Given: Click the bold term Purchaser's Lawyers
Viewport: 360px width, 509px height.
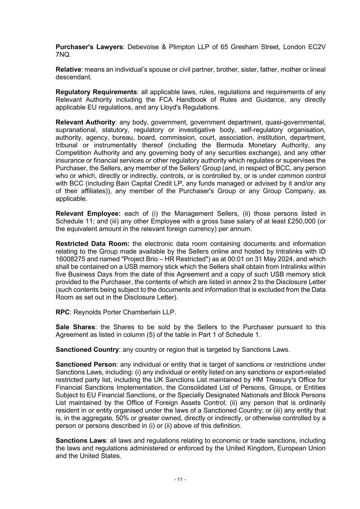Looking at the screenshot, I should (89, 47).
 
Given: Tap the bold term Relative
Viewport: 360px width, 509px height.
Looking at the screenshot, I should (68, 70).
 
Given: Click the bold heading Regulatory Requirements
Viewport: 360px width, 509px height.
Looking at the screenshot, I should (96, 92).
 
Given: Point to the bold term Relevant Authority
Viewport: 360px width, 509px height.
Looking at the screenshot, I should (85, 122).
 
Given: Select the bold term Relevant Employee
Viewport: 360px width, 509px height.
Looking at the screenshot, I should (88, 214).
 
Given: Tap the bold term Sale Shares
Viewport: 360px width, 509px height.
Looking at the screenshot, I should (75, 327).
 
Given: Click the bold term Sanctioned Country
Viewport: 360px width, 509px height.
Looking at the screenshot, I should (87, 350).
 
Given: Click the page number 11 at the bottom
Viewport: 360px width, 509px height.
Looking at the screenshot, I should (180, 480).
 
